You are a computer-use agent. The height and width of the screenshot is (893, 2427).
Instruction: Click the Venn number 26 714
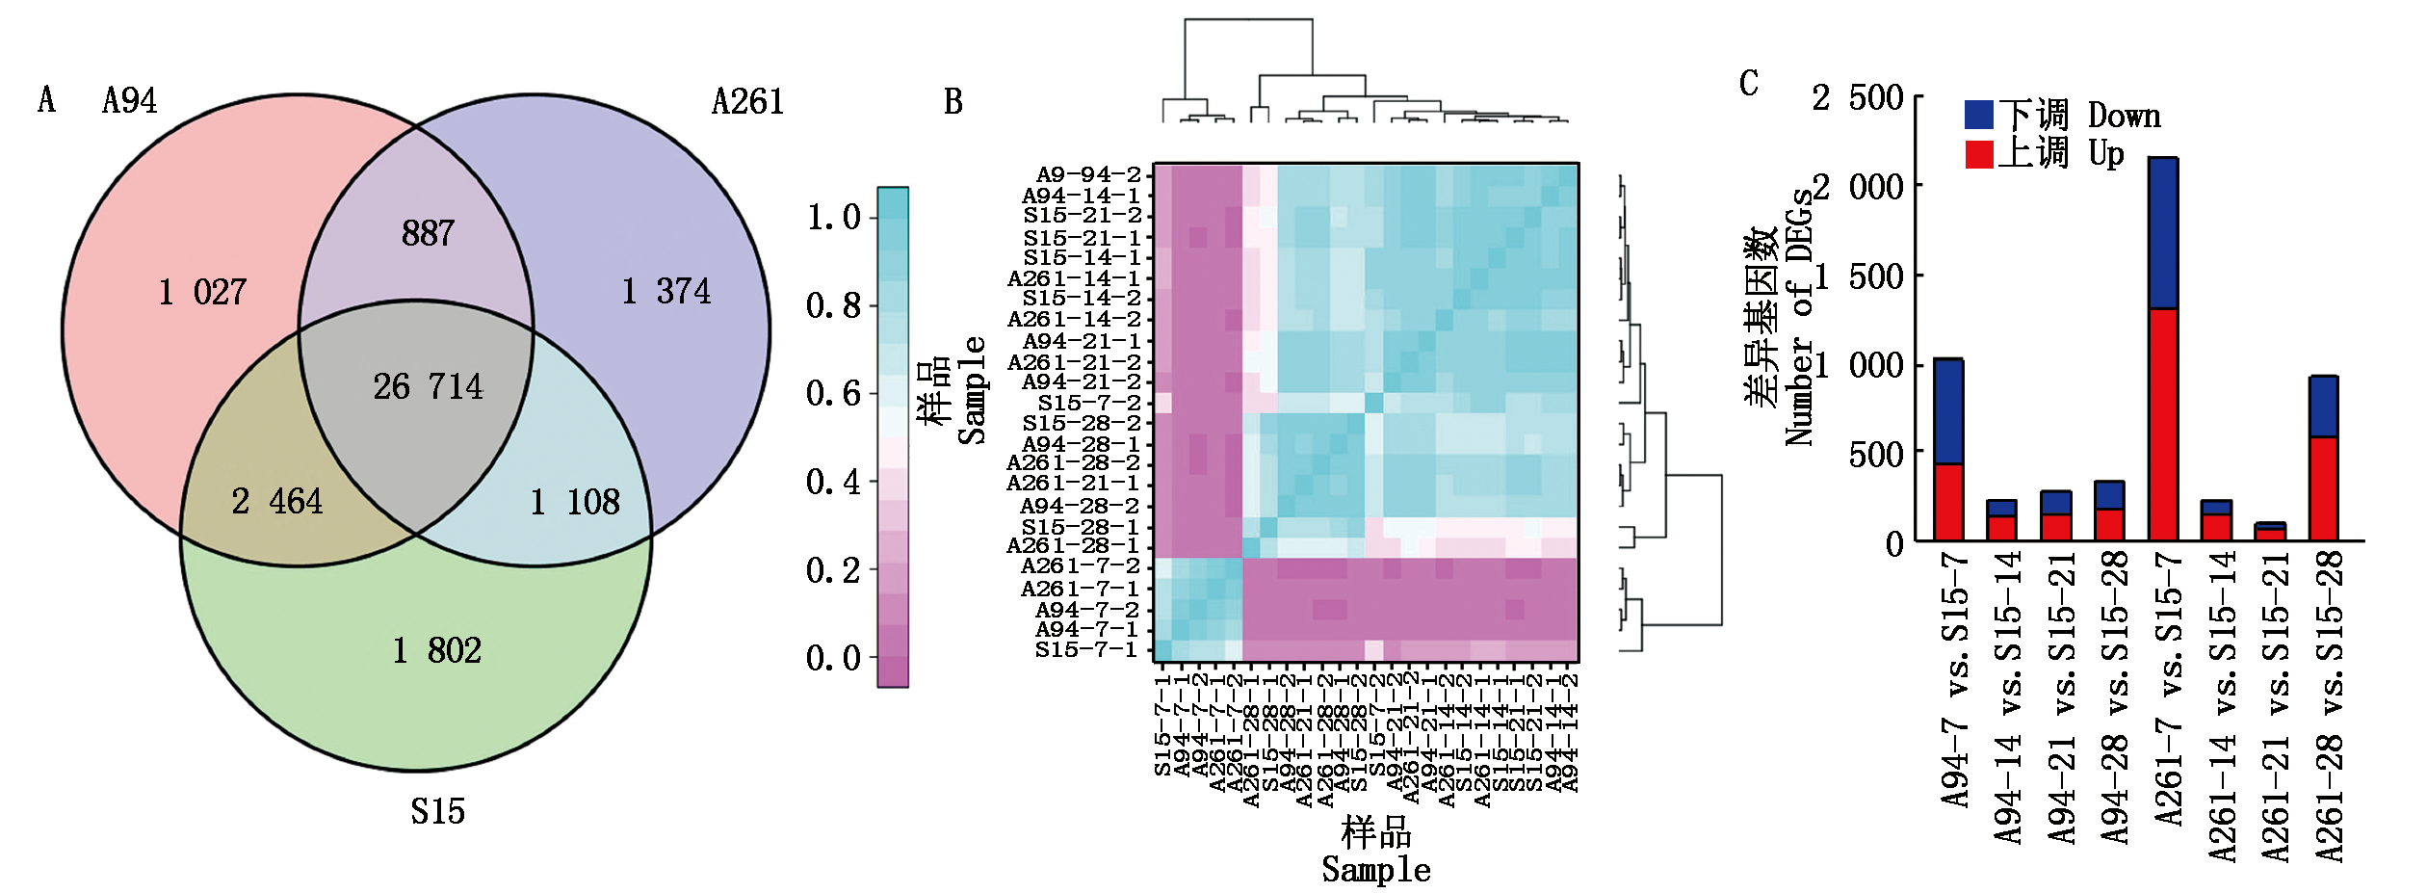428,387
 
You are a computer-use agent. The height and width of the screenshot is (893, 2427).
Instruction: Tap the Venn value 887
428,233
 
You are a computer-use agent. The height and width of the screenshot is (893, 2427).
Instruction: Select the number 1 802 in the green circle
436,651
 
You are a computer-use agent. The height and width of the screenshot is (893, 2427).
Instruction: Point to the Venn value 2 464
276,502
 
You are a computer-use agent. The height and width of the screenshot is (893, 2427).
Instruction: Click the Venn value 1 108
575,502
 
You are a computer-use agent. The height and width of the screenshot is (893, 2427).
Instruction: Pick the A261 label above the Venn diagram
747,102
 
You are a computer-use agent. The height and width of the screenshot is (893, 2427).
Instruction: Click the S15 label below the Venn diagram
437,812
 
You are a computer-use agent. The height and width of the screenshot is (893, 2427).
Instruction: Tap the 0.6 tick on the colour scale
833,393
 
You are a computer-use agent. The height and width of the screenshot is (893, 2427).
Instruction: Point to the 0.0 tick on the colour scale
833,658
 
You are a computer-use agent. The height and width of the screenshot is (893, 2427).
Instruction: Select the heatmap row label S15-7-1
1086,650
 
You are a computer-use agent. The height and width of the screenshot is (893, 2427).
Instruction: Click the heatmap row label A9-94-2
1088,174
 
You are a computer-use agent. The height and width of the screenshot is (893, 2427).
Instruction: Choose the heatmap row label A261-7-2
1080,566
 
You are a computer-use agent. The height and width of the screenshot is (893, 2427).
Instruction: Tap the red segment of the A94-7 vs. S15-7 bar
1948,502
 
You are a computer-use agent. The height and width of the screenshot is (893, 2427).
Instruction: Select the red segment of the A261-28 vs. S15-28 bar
2323,488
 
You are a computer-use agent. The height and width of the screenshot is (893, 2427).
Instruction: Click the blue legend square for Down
1978,115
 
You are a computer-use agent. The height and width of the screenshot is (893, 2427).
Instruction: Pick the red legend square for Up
1978,154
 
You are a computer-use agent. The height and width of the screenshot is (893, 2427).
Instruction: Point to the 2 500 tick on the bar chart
1857,97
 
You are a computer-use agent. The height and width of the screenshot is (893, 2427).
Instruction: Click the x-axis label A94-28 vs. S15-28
2112,698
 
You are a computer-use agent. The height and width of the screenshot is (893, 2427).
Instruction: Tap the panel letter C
1749,84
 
